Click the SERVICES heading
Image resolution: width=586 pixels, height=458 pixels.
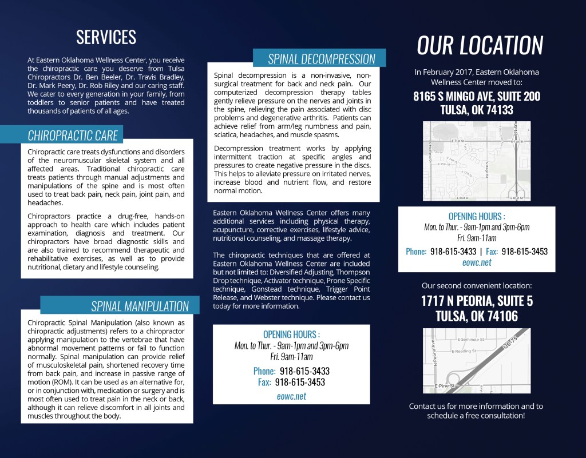click(106, 37)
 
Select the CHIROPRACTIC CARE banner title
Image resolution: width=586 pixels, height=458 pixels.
click(73, 136)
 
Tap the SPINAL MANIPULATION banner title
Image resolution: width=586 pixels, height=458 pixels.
click(140, 306)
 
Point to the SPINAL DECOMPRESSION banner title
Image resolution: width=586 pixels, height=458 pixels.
click(322, 59)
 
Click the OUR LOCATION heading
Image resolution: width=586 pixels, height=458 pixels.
click(480, 46)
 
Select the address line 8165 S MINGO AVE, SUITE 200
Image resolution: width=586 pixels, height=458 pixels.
click(477, 97)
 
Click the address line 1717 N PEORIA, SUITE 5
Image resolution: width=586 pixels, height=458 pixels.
click(477, 301)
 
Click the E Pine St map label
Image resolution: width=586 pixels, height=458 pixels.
click(444, 386)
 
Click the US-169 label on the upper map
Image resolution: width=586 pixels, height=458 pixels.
click(516, 131)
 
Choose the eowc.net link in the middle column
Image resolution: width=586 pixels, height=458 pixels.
click(291, 396)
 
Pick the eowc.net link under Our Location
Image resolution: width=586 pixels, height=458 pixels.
click(477, 263)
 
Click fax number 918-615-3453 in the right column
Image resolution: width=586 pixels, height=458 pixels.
click(524, 252)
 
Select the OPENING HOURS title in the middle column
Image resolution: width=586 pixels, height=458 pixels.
click(291, 334)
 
